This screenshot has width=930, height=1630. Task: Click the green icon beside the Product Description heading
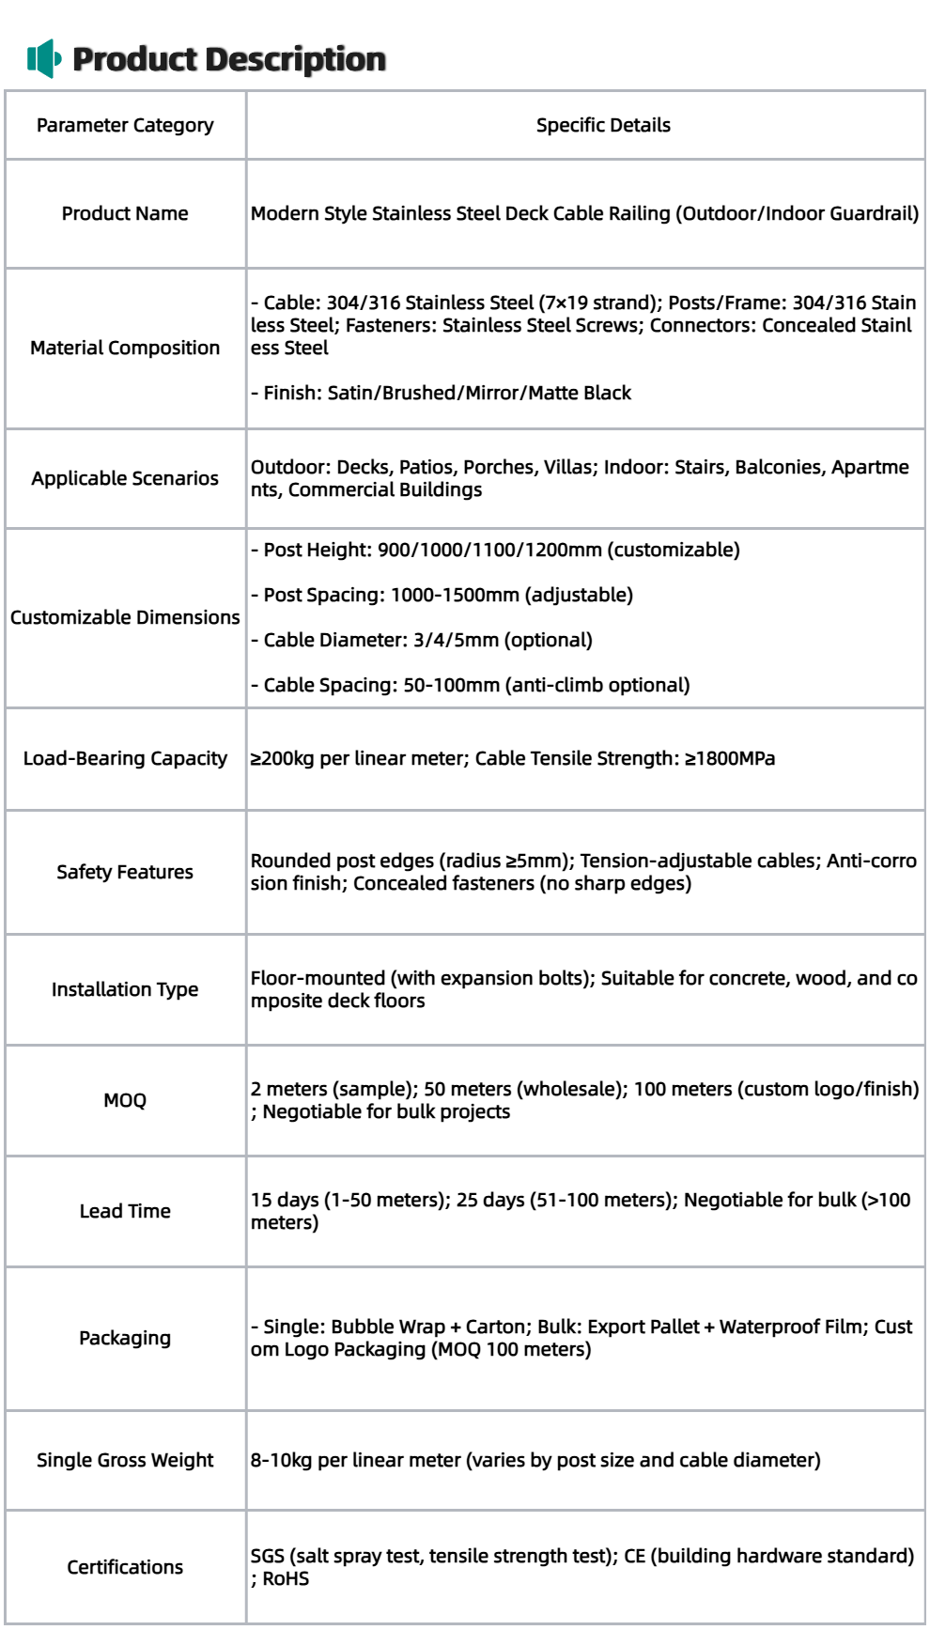pyautogui.click(x=44, y=59)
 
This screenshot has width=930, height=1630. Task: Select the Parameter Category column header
pyautogui.click(x=125, y=125)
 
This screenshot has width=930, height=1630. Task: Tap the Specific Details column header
pyautogui.click(x=603, y=125)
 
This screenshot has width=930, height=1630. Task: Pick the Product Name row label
pyautogui.click(x=125, y=213)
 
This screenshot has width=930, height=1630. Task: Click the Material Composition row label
pyautogui.click(x=125, y=348)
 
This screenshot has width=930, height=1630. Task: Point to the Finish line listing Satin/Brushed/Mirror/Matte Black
pyautogui.click(x=442, y=393)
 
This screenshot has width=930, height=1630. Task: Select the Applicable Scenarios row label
pyautogui.click(x=125, y=478)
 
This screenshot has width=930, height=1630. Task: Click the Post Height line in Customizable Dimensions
pyautogui.click(x=495, y=550)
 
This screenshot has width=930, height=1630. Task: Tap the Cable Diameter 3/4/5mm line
pyautogui.click(x=422, y=640)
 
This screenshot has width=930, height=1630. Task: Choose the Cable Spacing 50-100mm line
pyautogui.click(x=471, y=685)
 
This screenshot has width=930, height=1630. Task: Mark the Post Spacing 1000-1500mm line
pyautogui.click(x=442, y=595)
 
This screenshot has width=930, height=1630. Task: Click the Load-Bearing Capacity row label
pyautogui.click(x=125, y=758)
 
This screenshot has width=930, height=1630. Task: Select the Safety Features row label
pyautogui.click(x=125, y=872)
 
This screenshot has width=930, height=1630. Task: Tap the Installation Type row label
pyautogui.click(x=125, y=989)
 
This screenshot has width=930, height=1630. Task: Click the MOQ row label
pyautogui.click(x=125, y=1100)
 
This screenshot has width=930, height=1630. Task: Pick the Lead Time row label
pyautogui.click(x=125, y=1211)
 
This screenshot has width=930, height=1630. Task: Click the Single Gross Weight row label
pyautogui.click(x=125, y=1460)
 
